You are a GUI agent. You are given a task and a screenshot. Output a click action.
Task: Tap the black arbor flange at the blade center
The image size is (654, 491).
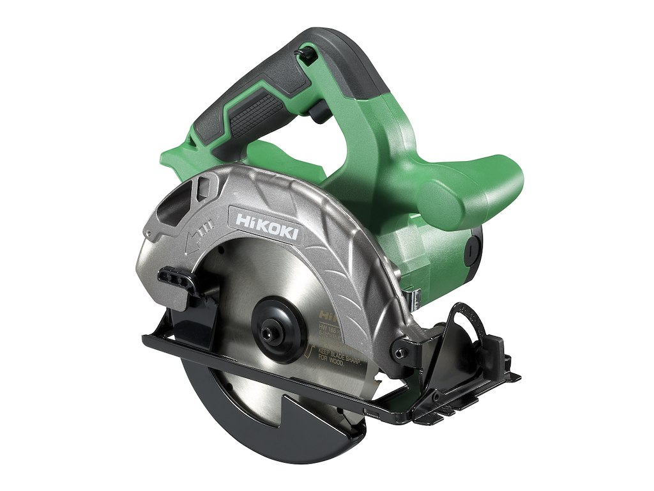tap(276, 330)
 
